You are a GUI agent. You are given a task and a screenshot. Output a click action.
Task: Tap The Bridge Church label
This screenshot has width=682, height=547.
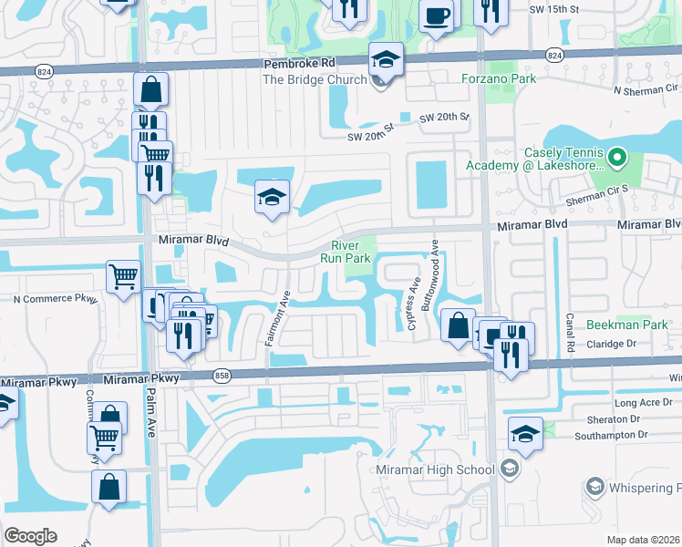tap(314, 79)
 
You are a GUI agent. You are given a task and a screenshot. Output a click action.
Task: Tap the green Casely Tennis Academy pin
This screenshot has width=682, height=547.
tap(616, 159)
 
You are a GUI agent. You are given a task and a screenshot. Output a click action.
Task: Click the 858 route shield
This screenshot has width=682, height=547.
tap(220, 375)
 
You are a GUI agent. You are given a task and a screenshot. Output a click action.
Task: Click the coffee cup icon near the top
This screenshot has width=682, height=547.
tap(436, 14)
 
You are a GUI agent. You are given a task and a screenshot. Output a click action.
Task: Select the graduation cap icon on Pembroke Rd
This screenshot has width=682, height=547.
tap(386, 61)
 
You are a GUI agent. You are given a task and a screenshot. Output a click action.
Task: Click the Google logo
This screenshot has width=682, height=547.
tap(30, 536)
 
